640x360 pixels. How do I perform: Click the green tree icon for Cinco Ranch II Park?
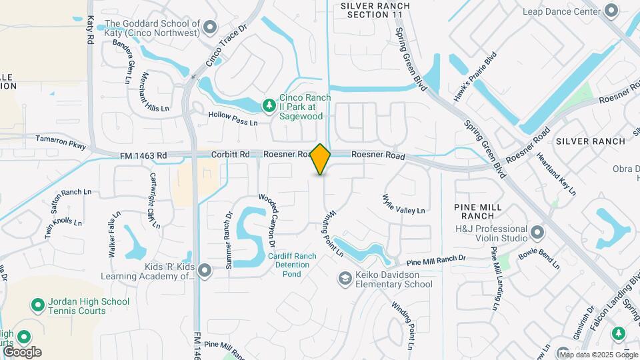pos(269,105)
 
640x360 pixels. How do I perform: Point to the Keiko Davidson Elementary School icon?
pos(345,278)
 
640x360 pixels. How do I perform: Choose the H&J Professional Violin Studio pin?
pos(537,233)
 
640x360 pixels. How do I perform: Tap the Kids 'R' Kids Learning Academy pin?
pos(205,270)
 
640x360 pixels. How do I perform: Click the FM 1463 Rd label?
pos(143,155)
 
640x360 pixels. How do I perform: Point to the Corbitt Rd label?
pos(230,155)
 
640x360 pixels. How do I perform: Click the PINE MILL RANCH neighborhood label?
pos(483,211)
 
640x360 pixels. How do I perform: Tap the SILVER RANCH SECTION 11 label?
pos(375,10)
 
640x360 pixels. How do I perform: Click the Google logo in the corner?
pos(22,352)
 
